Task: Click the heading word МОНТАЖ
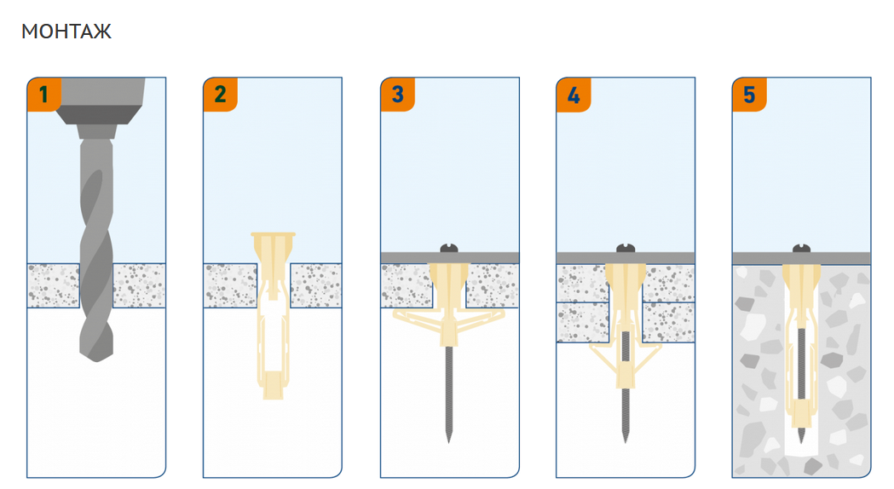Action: click(66, 32)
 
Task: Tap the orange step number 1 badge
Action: click(44, 95)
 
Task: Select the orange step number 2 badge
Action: click(220, 95)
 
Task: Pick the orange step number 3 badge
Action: click(397, 95)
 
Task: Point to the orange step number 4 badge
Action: click(574, 95)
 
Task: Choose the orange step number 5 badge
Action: click(749, 95)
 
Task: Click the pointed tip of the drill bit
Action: click(96, 360)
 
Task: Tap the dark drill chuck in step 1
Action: click(98, 114)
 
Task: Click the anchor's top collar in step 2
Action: click(273, 234)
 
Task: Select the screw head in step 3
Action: click(449, 248)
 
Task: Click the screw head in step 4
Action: click(626, 248)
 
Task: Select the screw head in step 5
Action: click(802, 248)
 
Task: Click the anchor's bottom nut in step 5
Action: click(802, 414)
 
